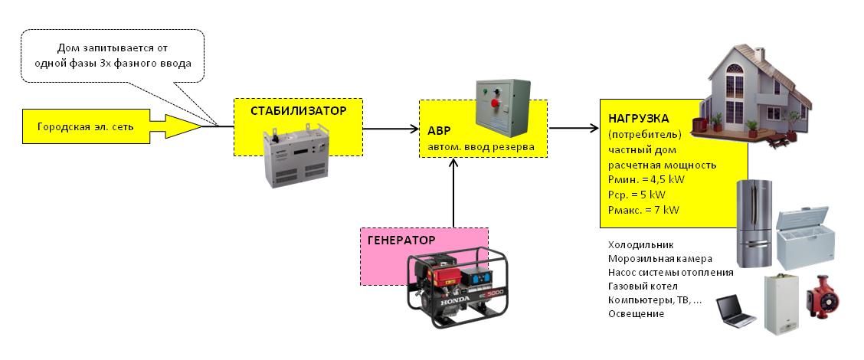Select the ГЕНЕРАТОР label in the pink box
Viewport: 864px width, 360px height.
(x=401, y=240)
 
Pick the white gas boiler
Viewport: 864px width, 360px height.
(x=783, y=306)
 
